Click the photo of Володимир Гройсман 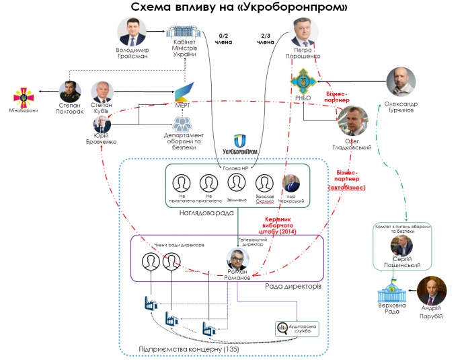(x=132, y=32)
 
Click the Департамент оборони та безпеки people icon (x=182, y=123)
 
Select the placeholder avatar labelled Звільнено (x=236, y=183)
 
